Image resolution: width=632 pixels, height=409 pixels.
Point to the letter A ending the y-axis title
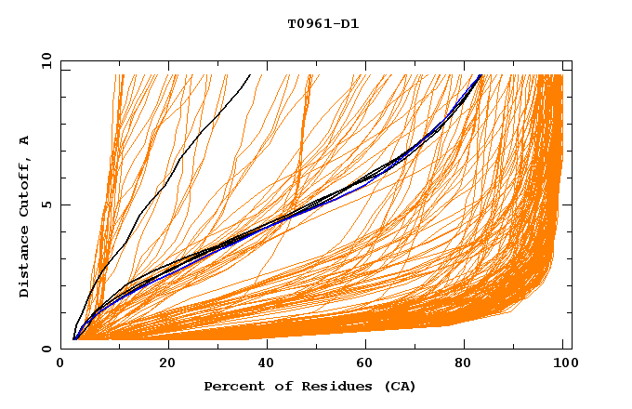point(24,140)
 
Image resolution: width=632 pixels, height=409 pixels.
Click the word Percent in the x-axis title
point(231,386)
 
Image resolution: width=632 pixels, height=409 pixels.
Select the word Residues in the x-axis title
point(324,386)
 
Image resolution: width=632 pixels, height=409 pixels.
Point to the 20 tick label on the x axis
point(167,363)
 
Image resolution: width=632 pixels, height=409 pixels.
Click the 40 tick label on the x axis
point(267,363)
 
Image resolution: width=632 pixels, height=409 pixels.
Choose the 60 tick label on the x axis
point(365,363)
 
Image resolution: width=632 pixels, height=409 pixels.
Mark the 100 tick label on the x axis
point(562,363)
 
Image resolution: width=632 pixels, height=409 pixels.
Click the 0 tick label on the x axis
point(60,363)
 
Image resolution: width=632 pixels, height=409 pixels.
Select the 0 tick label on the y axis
point(46,349)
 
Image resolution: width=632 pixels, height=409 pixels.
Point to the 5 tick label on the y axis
point(46,204)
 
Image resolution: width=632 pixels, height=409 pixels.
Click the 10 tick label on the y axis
point(44,60)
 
